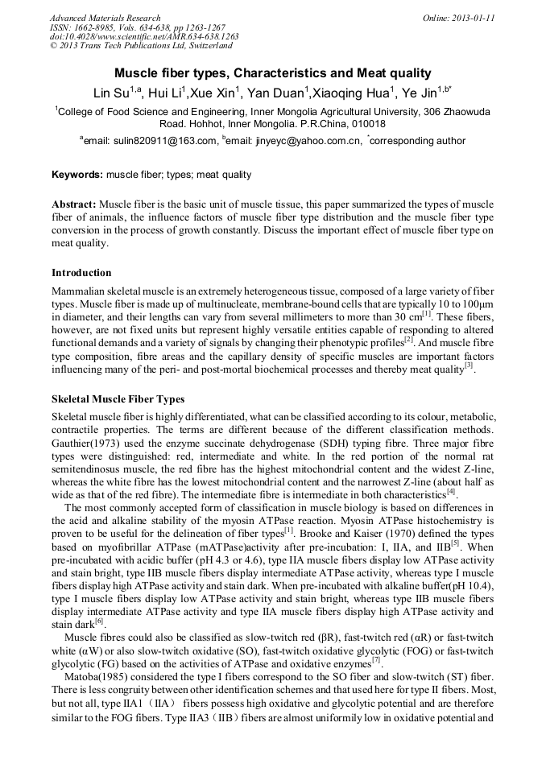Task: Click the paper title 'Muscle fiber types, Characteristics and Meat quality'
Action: click(x=272, y=72)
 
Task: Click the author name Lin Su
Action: click(x=106, y=93)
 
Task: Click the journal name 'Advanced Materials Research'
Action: click(x=105, y=18)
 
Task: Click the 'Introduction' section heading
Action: click(x=81, y=273)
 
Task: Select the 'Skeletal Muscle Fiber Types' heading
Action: click(x=118, y=399)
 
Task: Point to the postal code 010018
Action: click(x=368, y=125)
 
